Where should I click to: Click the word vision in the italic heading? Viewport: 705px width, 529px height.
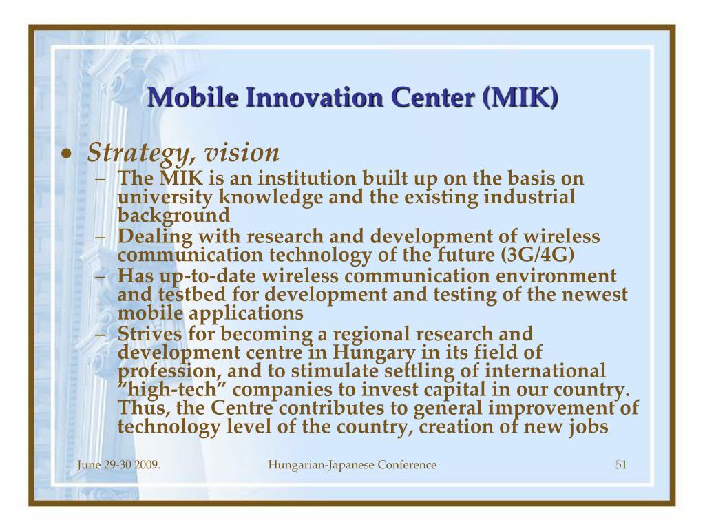coord(242,152)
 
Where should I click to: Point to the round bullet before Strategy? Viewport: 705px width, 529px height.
coord(67,154)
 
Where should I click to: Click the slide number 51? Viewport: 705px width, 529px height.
coord(621,465)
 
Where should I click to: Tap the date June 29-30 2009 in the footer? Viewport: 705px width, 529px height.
coord(118,465)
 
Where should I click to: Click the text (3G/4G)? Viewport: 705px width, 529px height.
coord(537,255)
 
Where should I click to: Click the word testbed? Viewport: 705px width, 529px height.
coord(192,295)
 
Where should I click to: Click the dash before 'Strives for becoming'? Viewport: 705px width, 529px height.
coord(101,335)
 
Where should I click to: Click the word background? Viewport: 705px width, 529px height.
coord(173,216)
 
